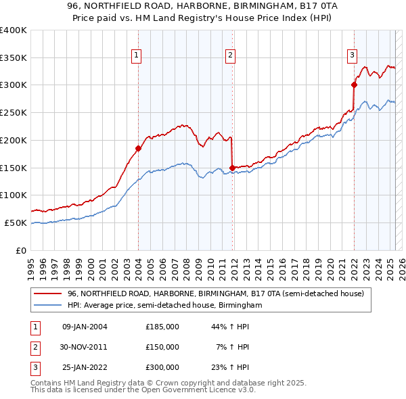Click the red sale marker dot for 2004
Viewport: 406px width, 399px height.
(138, 148)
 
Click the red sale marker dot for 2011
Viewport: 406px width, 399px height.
(232, 167)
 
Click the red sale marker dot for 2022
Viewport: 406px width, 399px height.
(353, 85)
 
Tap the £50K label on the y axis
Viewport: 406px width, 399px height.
(16, 222)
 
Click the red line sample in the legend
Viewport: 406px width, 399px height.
(48, 294)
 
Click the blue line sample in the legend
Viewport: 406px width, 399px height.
(48, 306)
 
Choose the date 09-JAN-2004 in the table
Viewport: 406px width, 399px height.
(85, 327)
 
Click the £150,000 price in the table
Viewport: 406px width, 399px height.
(162, 347)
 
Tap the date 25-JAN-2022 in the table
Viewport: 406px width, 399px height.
(85, 367)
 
